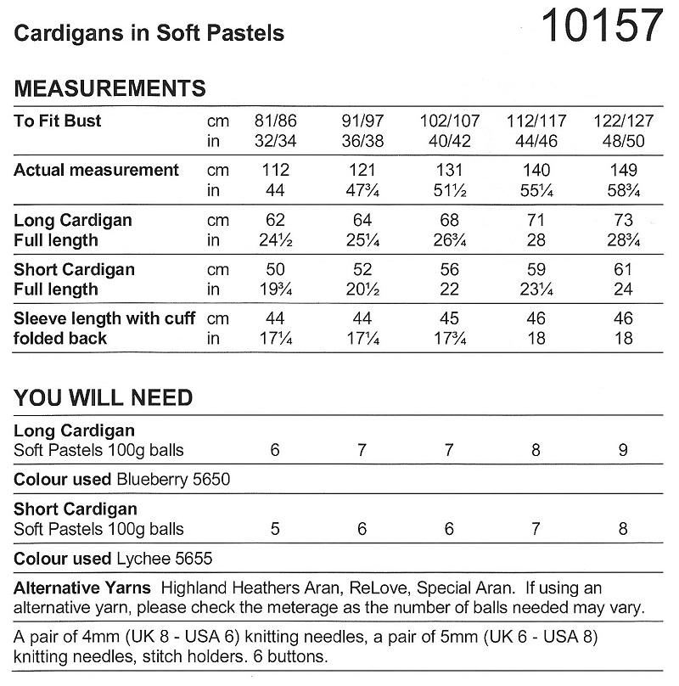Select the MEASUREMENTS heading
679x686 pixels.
(110, 88)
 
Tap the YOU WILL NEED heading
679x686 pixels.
(104, 397)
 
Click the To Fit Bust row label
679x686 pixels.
(58, 121)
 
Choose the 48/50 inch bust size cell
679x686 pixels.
(624, 141)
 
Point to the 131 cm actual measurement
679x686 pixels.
(450, 170)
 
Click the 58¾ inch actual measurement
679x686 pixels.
(624, 190)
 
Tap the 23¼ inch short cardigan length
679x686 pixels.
(536, 290)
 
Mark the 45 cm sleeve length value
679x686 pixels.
(450, 318)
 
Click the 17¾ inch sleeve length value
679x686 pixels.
(450, 339)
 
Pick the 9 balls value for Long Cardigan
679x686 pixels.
(624, 451)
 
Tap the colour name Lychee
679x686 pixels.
(141, 559)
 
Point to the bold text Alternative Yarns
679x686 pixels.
(82, 588)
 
